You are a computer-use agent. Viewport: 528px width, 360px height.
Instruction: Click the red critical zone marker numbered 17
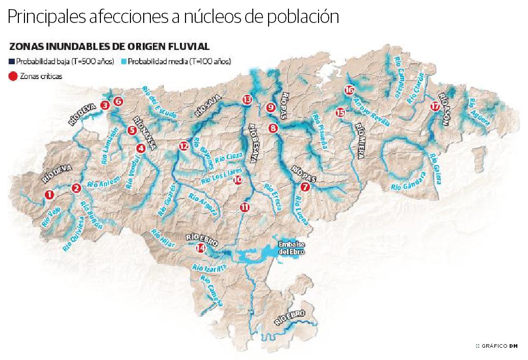434,107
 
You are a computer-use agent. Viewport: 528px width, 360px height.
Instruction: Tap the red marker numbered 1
49,194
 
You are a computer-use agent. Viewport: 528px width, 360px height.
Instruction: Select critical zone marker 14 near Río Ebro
201,248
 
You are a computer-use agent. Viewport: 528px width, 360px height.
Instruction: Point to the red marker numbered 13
247,99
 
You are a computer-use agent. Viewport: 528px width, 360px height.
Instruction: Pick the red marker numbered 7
305,187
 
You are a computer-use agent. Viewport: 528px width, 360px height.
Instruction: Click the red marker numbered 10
237,179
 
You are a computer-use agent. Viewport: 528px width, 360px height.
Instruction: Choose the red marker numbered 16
349,90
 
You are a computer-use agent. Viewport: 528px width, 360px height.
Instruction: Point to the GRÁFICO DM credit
496,346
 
